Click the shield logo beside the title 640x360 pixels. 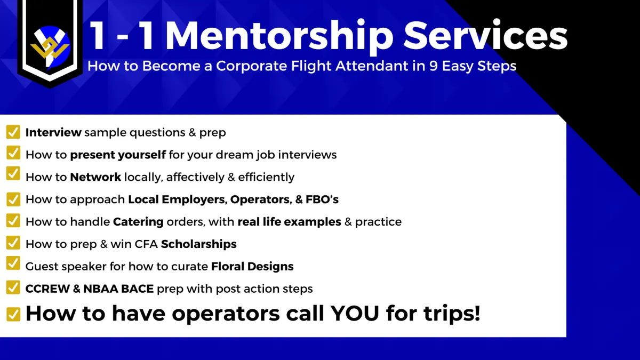pyautogui.click(x=50, y=43)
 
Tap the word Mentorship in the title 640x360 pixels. pyautogui.click(x=279, y=36)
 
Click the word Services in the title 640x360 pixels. pyautogui.click(x=485, y=35)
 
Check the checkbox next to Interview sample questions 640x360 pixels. pyautogui.click(x=13, y=132)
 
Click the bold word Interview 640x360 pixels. pyautogui.click(x=53, y=132)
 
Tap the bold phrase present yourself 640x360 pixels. pyautogui.click(x=118, y=155)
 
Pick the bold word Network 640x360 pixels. pyautogui.click(x=95, y=177)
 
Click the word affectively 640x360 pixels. pyautogui.click(x=195, y=178)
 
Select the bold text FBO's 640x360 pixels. pyautogui.click(x=322, y=199)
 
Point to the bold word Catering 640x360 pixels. pyautogui.click(x=138, y=222)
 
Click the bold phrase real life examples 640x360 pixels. pyautogui.click(x=290, y=222)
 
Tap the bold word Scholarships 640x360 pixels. pyautogui.click(x=199, y=244)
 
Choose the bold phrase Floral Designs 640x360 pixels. pyautogui.click(x=252, y=266)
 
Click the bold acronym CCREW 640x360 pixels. pyautogui.click(x=47, y=289)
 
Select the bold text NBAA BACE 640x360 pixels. pyautogui.click(x=118, y=289)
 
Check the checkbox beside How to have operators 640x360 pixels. pyautogui.click(x=13, y=314)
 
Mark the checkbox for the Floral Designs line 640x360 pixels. pyautogui.click(x=13, y=263)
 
